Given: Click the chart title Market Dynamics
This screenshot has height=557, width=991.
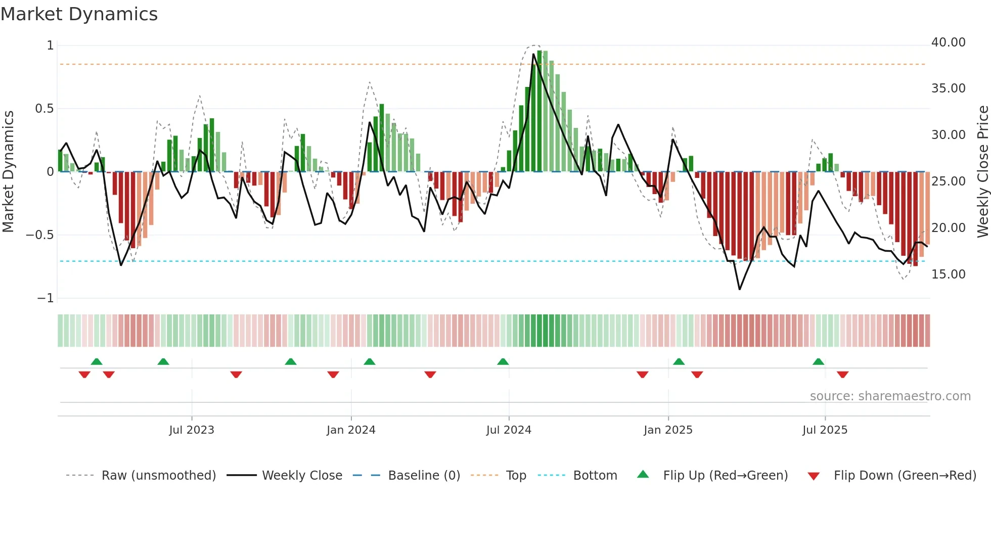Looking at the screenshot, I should (x=79, y=14).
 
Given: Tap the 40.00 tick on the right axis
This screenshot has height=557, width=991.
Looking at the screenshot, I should (x=948, y=42).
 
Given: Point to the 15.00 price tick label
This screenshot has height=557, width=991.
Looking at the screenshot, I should (x=948, y=274).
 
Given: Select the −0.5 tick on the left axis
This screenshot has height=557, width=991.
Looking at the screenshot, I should (x=39, y=235).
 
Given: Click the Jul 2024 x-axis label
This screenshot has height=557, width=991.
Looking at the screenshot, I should (x=508, y=430).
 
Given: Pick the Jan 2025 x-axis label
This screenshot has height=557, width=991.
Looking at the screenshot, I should (x=667, y=430).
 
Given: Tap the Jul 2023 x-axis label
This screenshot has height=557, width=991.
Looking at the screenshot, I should (x=191, y=430).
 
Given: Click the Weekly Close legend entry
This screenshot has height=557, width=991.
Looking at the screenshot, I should (x=302, y=476).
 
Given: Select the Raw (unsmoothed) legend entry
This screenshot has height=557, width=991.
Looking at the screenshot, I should (x=158, y=476).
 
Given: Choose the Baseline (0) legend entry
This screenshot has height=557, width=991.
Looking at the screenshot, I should (x=424, y=476).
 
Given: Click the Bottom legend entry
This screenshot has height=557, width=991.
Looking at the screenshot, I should (x=595, y=476).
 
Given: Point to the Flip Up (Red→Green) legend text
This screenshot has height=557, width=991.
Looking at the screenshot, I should (x=725, y=476).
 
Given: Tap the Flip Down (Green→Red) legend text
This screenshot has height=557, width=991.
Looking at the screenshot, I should (x=905, y=476).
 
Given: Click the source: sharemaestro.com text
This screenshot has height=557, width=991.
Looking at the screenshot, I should (x=890, y=396).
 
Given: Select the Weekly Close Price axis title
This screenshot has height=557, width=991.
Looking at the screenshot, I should (x=982, y=172).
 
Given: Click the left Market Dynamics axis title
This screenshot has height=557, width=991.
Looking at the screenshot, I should (x=8, y=172).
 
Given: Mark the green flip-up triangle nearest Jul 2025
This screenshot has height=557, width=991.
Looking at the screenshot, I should (x=818, y=361).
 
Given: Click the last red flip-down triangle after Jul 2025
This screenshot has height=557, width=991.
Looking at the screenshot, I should (x=842, y=375).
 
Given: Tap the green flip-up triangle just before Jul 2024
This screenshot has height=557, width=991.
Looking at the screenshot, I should (x=503, y=361).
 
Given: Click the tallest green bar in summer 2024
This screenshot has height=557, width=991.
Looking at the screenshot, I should (x=539, y=111).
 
